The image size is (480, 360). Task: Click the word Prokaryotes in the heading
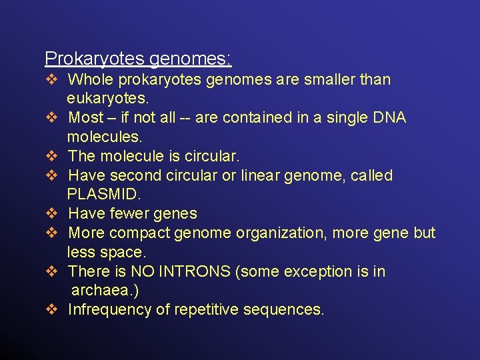pyautogui.click(x=95, y=59)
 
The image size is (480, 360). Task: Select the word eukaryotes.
pyautogui.click(x=108, y=99)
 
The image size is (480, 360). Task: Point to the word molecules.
pyautogui.click(x=105, y=137)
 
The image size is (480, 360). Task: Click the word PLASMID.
pyautogui.click(x=104, y=195)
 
